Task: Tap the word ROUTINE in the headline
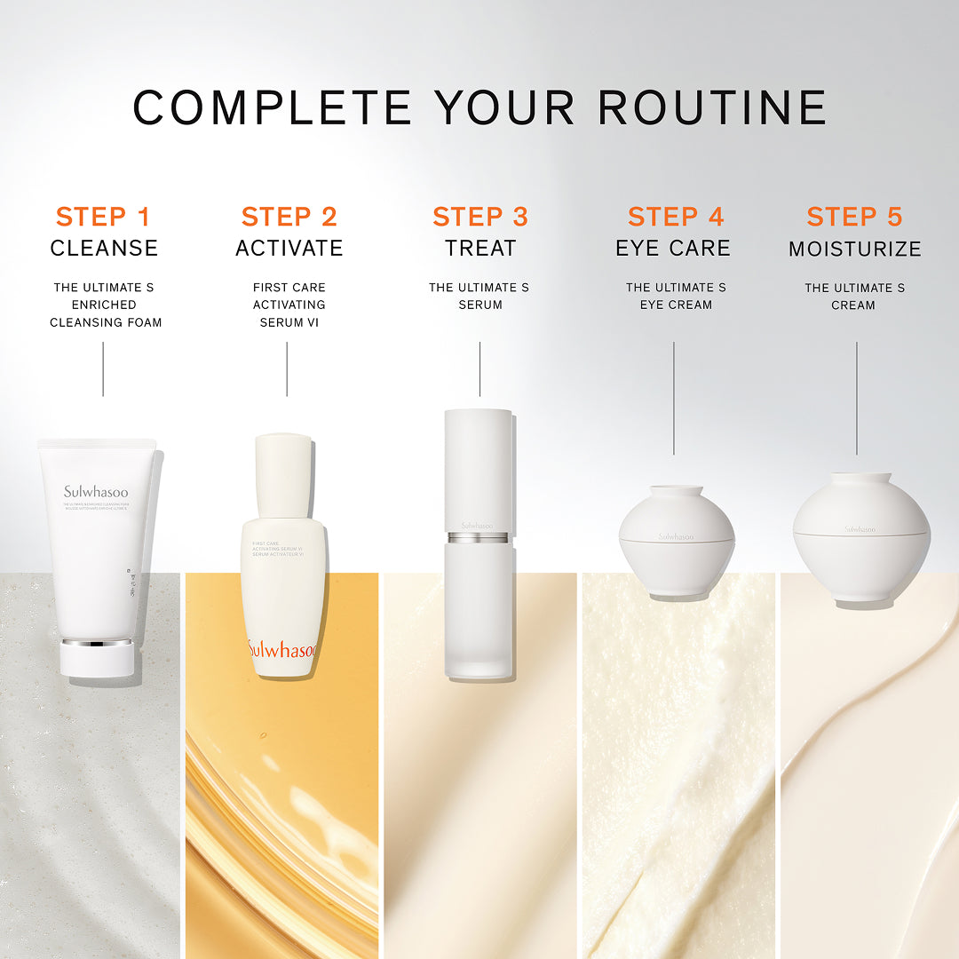(712, 107)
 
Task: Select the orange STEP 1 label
(103, 216)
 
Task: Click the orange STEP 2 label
(289, 216)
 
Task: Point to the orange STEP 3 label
(480, 216)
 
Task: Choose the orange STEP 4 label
(676, 216)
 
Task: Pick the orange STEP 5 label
(854, 216)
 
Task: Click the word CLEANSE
(104, 248)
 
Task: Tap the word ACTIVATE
(289, 248)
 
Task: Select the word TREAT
(480, 248)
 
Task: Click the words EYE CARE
(673, 248)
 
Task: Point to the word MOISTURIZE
(855, 250)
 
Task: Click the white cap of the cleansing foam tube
(98, 657)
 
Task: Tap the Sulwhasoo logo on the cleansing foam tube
(96, 491)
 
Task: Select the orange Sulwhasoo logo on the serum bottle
(281, 650)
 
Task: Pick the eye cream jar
(676, 542)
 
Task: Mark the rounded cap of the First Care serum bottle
(283, 475)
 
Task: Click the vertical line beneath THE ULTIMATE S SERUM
(479, 369)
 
